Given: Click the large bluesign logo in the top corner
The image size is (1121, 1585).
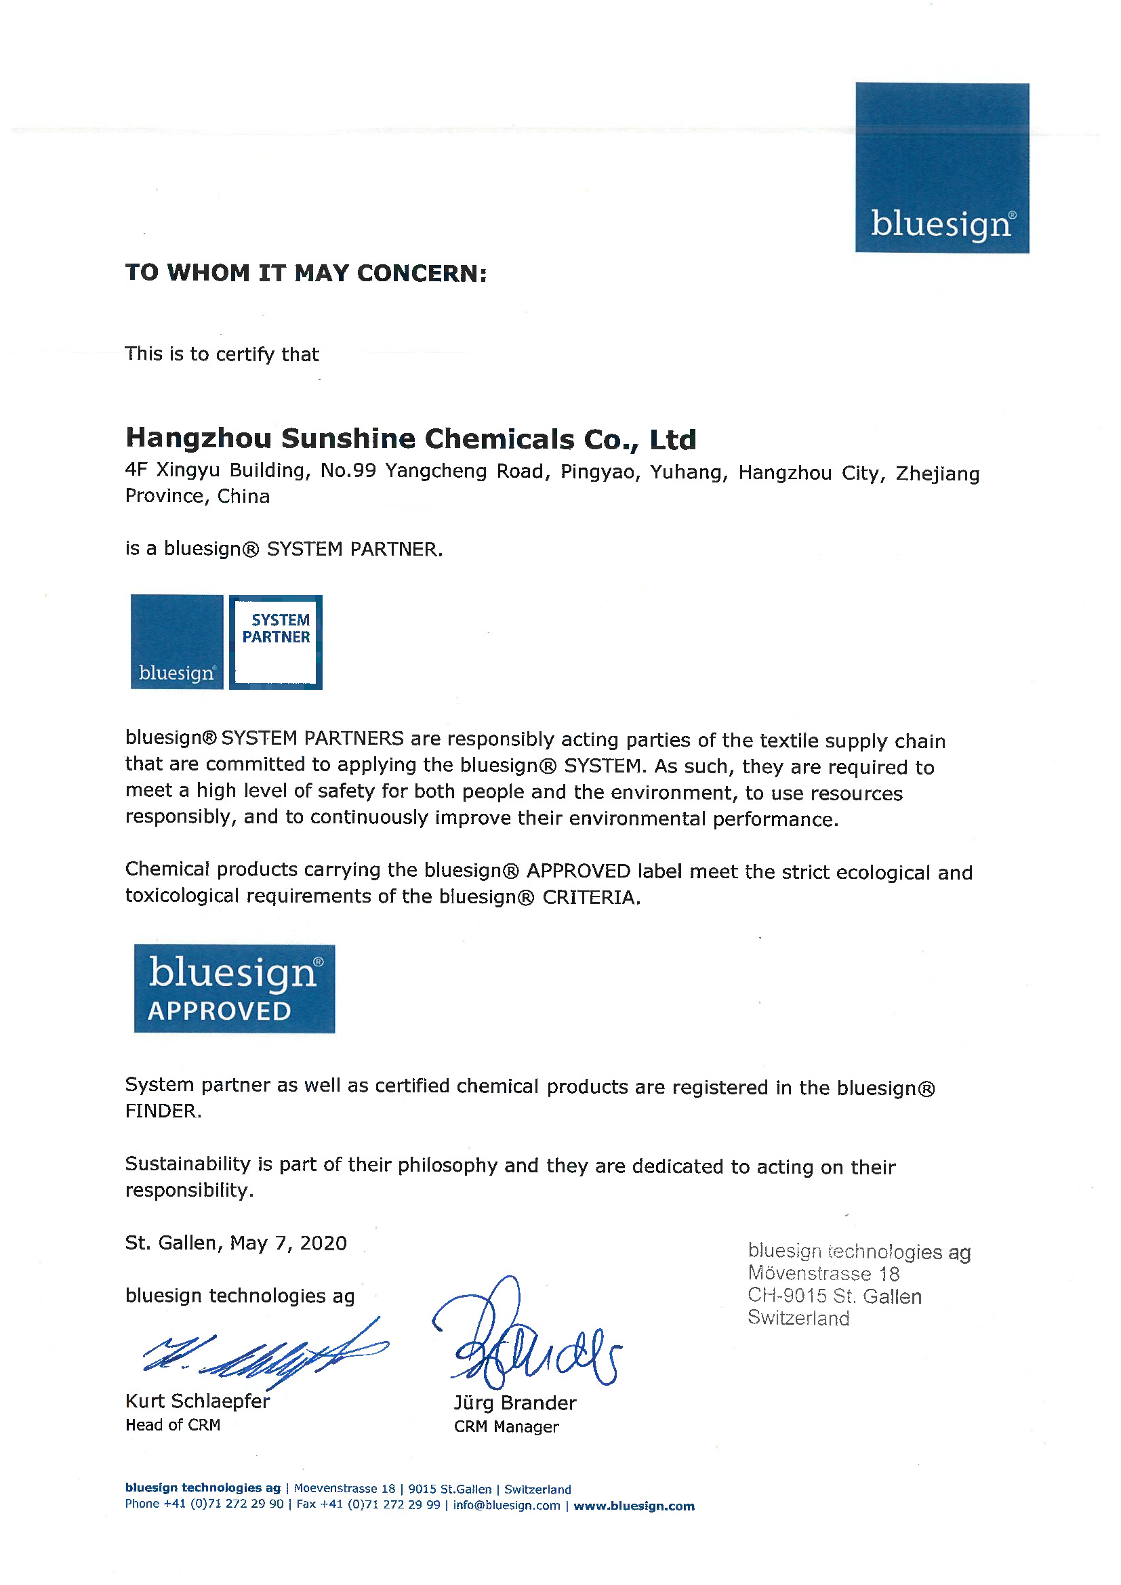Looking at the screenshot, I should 941,168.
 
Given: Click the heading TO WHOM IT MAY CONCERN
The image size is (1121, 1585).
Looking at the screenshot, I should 306,273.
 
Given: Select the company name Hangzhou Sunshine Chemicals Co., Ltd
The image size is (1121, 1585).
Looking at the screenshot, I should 411,439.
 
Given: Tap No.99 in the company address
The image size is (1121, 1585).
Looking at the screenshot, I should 348,471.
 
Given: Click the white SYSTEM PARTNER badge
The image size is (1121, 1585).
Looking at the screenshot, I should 275,642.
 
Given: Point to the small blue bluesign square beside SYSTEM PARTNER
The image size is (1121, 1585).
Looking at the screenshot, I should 177,642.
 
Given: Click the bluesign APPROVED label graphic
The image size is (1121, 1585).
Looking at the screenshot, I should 234,989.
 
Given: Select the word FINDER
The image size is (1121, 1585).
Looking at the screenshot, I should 163,1111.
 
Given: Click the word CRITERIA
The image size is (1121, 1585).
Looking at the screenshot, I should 590,897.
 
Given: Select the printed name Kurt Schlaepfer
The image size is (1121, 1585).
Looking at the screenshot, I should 197,1401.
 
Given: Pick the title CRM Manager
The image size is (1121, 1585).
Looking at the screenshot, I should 506,1426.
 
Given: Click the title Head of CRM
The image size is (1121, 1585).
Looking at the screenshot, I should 173,1425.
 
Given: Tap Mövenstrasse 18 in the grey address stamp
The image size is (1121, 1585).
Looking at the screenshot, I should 823,1274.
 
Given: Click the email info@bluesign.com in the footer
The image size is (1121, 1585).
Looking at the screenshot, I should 506,1506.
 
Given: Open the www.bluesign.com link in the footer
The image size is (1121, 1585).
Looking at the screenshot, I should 634,1506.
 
